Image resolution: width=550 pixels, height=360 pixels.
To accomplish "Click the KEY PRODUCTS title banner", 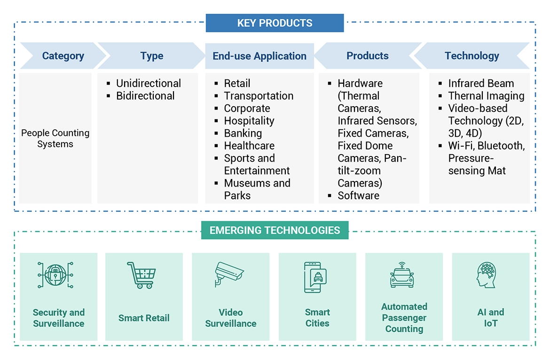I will (x=275, y=23).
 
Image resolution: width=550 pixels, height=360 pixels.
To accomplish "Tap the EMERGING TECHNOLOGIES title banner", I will (x=275, y=230).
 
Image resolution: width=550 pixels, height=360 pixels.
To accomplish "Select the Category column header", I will (x=63, y=56).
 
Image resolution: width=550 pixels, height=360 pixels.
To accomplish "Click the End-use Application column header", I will (x=259, y=56).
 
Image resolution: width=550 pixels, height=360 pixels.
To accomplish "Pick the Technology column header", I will (x=472, y=56).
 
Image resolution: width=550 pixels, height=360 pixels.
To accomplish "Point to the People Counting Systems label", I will (x=55, y=139).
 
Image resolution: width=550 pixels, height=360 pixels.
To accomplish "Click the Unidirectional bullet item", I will (x=148, y=84).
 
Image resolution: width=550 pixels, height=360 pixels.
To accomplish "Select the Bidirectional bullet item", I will (x=145, y=96).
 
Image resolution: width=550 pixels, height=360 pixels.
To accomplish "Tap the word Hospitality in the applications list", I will (x=249, y=121).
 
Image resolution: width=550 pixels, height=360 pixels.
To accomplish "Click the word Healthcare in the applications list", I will (x=249, y=146).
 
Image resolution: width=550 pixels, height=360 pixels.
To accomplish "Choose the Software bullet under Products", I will (x=358, y=196).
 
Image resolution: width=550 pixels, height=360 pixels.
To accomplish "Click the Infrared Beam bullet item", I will (x=480, y=84).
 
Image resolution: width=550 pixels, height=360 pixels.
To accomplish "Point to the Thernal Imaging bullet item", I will (x=486, y=96).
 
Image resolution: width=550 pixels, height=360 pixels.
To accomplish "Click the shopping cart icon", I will (x=141, y=275).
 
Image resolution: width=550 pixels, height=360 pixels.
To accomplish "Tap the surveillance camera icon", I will (x=228, y=274).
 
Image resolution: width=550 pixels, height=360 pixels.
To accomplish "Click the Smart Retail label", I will (x=144, y=318).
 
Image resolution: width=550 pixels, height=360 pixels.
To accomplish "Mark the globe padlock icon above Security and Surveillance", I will (x=55, y=275).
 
